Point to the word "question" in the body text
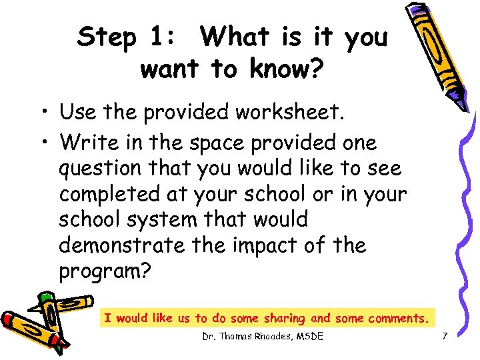pyautogui.click(x=98, y=169)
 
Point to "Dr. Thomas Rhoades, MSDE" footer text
pyautogui.click(x=263, y=337)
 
